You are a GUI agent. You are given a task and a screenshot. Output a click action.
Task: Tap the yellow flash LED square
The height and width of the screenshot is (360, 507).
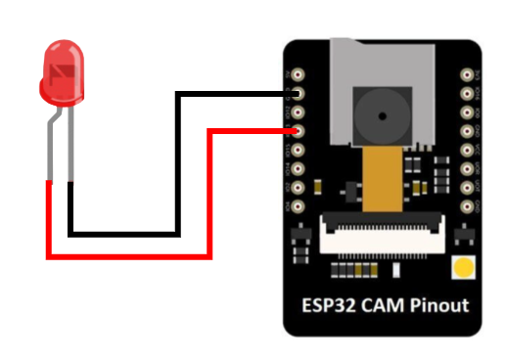click(461, 267)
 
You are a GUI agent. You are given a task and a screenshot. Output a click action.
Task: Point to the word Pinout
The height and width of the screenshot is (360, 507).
click(438, 305)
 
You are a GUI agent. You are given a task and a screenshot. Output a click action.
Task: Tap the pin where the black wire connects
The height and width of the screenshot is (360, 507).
click(298, 94)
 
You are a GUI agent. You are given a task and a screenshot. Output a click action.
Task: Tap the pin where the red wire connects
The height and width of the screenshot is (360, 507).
click(298, 130)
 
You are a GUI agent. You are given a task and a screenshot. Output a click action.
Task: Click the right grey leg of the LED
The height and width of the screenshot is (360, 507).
click(71, 147)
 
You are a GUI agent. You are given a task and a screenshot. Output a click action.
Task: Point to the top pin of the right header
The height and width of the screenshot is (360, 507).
click(468, 74)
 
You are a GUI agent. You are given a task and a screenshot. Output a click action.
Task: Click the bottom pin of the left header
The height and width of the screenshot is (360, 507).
click(298, 206)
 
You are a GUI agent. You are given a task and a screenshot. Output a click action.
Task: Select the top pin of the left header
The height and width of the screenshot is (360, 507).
click(298, 74)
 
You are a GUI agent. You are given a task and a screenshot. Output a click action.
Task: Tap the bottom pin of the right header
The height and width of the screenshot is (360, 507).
click(468, 206)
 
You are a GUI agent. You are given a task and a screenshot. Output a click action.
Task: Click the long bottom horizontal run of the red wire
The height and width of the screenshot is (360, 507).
click(127, 256)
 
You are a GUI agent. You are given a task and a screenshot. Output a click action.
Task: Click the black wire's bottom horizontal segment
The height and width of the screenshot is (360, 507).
click(122, 233)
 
